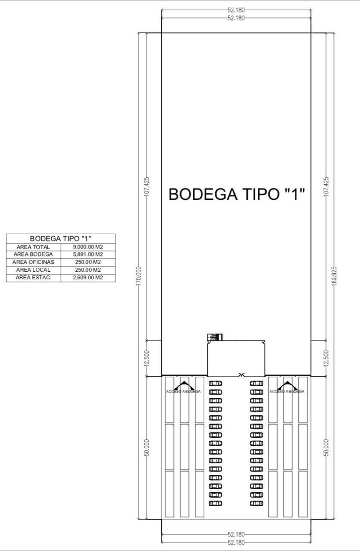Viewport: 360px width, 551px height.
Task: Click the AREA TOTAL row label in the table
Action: [33, 247]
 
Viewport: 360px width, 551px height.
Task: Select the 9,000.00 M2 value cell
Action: [88, 247]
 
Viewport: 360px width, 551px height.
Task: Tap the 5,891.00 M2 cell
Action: [88, 254]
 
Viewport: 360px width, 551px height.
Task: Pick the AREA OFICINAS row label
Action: [33, 262]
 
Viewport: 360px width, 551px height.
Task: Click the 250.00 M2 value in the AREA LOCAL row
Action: [88, 270]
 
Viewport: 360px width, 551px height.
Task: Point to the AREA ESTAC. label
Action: [34, 278]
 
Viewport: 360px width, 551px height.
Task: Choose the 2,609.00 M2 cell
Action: [88, 278]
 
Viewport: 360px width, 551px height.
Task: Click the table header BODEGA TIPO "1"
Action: [61, 238]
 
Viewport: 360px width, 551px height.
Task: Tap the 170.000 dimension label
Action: [139, 276]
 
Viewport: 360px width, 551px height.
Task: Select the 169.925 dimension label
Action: [334, 276]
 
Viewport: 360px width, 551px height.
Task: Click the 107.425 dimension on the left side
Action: [147, 186]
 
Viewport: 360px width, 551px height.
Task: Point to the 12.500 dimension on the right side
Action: [326, 358]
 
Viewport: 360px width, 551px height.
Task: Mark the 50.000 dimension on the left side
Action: [147, 448]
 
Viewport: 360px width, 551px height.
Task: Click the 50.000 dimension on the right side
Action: [326, 448]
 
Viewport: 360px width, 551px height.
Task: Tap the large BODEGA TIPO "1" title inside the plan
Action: [236, 194]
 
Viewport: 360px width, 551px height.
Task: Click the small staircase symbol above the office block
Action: [215, 337]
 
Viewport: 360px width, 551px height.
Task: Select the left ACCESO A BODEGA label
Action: [183, 391]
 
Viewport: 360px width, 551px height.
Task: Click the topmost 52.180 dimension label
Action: [236, 10]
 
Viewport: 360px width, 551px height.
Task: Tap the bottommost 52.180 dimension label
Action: [236, 542]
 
